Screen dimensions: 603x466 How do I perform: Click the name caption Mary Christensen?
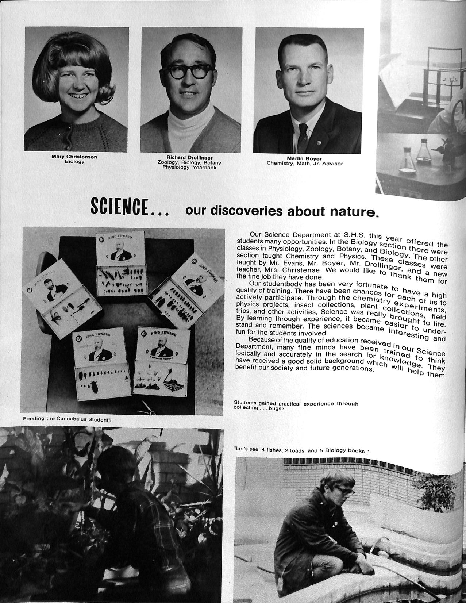coord(74,157)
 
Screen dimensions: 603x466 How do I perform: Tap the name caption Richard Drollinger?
coord(189,158)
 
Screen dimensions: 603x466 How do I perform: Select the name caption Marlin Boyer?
coord(304,158)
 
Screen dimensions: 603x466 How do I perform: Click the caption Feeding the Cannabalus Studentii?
coord(68,419)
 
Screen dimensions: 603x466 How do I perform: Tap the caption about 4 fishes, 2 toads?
coord(301,450)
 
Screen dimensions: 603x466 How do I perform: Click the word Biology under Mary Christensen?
coord(74,161)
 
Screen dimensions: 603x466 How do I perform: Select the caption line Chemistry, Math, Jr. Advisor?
coord(305,164)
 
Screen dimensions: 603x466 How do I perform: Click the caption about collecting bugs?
coord(296,406)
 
